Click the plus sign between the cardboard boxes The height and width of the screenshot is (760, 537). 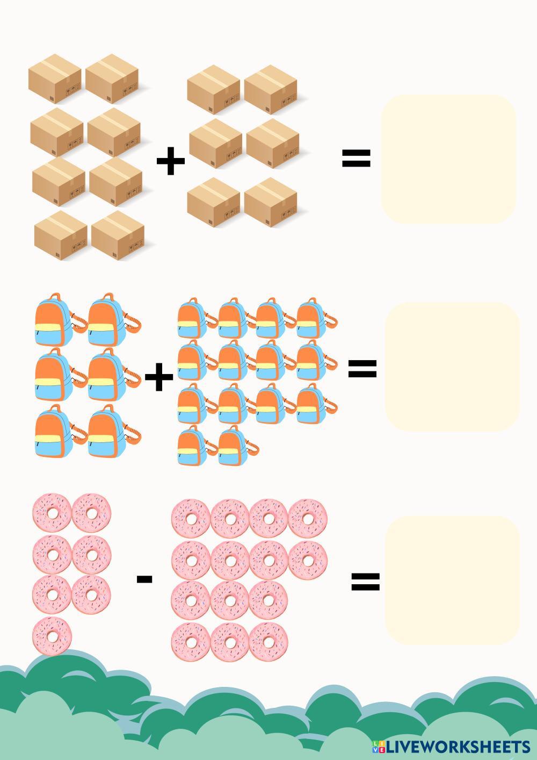click(171, 160)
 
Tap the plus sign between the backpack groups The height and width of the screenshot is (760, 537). click(159, 377)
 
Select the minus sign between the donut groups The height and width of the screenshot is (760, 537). click(144, 579)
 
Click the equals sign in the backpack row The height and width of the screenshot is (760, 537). click(362, 369)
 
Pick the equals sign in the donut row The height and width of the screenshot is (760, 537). click(365, 582)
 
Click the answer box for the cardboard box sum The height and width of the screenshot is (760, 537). click(448, 159)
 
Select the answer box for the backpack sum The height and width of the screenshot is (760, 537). click(452, 367)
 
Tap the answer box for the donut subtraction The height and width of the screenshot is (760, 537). click(452, 580)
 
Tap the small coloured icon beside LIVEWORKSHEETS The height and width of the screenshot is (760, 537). click(378, 747)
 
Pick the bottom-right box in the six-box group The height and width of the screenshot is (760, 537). click(271, 203)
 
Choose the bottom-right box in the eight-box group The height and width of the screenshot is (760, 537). click(118, 235)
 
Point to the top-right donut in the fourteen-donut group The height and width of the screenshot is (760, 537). click(308, 519)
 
